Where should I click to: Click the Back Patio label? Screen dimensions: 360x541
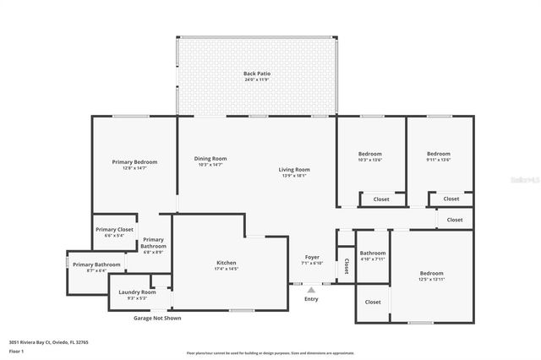coord(256,74)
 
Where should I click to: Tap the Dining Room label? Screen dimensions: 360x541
coord(210,159)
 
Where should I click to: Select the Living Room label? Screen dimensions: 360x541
coord(294,170)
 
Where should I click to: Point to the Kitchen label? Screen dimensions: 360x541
coord(227,263)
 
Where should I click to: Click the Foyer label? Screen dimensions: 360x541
coord(312,257)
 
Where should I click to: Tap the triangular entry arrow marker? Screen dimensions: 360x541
coord(311,289)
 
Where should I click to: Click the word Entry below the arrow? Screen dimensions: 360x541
coord(311,299)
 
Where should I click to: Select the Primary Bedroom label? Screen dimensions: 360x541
coord(134,161)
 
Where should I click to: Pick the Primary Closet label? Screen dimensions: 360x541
coord(114,229)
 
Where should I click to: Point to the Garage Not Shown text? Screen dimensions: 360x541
coord(157,318)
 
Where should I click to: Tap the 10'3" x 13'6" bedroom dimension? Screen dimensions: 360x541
coord(370,160)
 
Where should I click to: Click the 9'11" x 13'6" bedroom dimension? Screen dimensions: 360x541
coord(439,160)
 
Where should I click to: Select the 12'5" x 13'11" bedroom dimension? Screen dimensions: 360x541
coord(431,279)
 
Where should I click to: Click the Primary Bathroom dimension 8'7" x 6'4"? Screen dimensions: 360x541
coord(96,270)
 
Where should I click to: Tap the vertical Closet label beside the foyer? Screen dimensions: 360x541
coord(347,266)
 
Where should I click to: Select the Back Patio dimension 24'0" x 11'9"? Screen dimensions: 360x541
coord(256,80)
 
